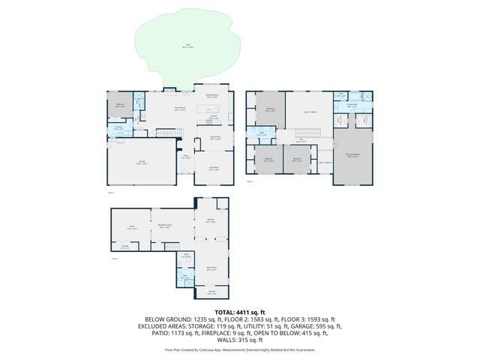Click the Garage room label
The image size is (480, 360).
[x=142, y=163]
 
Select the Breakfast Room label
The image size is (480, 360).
[x=212, y=96]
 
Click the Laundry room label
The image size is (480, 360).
[x=118, y=128]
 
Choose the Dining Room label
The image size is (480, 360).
[x=214, y=138]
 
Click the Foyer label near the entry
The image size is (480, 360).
[x=185, y=157]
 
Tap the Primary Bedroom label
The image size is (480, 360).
[x=352, y=156]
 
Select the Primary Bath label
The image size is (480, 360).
[x=350, y=106]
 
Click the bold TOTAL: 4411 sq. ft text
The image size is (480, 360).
[x=240, y=312]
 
